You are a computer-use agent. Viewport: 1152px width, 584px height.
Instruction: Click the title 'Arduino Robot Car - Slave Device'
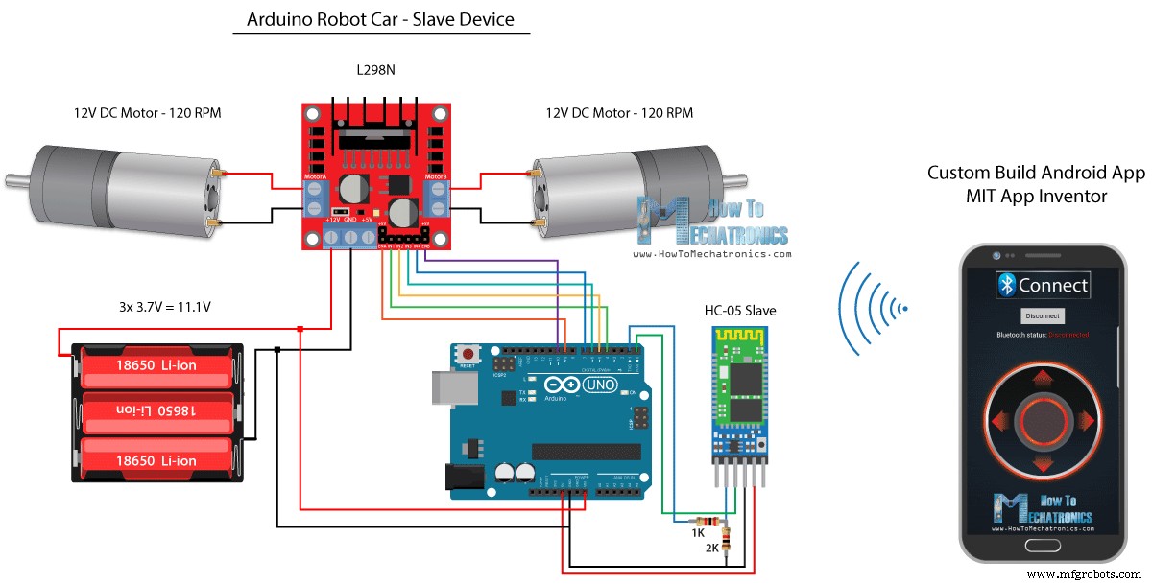[x=381, y=19]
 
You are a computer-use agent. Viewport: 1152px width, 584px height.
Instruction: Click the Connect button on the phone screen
[x=1042, y=285]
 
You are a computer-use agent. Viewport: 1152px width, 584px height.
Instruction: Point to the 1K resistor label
[x=700, y=530]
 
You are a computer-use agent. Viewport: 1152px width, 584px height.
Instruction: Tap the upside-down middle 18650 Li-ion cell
[x=156, y=410]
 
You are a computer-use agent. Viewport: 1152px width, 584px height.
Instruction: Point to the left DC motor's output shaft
[x=16, y=178]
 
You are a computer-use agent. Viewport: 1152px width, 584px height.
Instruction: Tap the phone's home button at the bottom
[x=1043, y=546]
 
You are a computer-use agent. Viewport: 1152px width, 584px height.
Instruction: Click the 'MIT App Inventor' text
[x=1036, y=196]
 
